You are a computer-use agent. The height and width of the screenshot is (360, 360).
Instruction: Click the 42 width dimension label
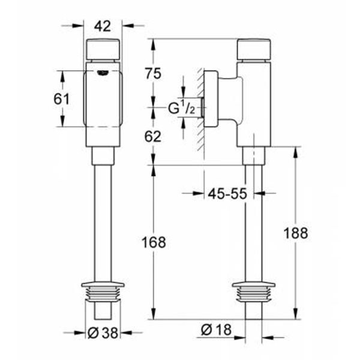[x=103, y=26]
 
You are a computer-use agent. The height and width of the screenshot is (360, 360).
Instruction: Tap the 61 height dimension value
[x=62, y=99]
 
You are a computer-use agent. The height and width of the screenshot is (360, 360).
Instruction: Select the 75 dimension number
[x=153, y=74]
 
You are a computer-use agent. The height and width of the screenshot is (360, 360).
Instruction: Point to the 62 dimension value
[x=153, y=137]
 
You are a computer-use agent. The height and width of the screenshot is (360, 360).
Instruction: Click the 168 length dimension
[x=154, y=242]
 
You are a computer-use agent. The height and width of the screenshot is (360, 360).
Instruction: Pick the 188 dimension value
[x=296, y=233]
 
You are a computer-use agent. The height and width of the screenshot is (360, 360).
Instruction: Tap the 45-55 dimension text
[x=227, y=194]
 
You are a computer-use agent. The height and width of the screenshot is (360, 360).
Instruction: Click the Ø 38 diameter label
[x=103, y=332]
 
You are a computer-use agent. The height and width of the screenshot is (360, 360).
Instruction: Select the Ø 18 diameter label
[x=216, y=329]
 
